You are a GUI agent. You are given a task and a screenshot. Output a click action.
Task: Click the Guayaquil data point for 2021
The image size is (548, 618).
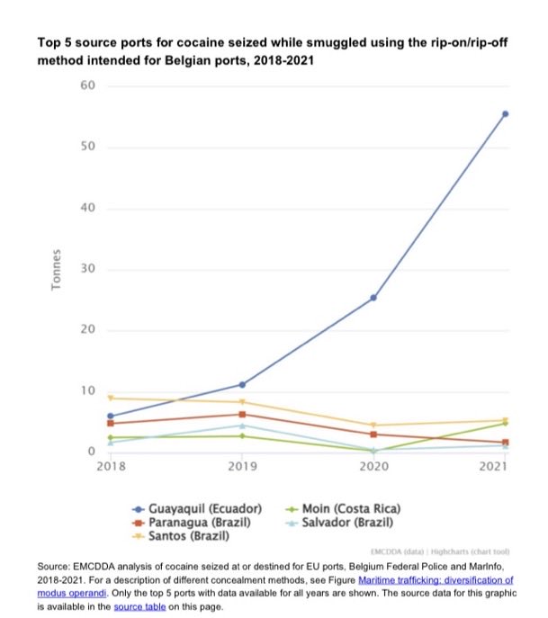(x=505, y=113)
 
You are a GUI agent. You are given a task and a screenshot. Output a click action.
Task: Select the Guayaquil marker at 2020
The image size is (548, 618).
(x=373, y=297)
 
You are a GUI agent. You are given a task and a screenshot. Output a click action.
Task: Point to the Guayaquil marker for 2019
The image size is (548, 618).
(x=242, y=384)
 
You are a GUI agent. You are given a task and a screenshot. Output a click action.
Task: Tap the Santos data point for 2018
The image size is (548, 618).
(x=111, y=398)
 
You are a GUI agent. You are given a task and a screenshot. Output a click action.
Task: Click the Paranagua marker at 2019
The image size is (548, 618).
(x=242, y=414)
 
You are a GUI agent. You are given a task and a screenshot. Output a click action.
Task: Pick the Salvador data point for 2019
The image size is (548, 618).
(x=242, y=425)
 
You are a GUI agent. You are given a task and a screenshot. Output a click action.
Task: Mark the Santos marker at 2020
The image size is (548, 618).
(x=373, y=425)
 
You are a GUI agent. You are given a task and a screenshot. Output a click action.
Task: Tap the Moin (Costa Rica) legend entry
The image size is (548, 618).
(x=351, y=508)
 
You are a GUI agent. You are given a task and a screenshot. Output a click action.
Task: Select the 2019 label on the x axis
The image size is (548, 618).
(x=242, y=467)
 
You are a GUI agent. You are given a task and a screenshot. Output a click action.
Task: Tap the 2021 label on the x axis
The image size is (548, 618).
(x=494, y=467)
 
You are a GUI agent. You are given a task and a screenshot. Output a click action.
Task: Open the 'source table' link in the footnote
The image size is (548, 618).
(x=139, y=608)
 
